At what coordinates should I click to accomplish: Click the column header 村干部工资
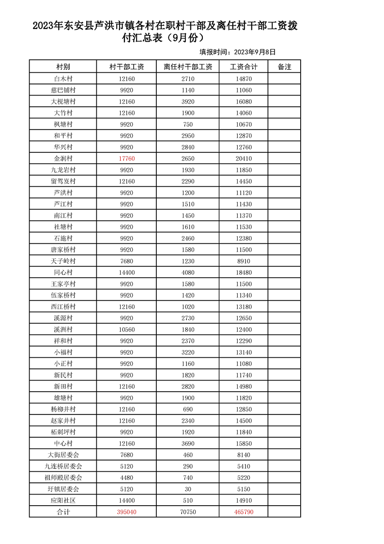click(126, 67)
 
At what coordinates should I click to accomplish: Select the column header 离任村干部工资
click(188, 67)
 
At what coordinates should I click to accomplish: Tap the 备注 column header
click(284, 67)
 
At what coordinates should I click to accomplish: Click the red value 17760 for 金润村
click(126, 159)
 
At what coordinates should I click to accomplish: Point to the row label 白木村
click(63, 79)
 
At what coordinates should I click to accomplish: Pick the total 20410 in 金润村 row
click(244, 159)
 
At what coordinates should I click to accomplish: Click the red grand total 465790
click(244, 512)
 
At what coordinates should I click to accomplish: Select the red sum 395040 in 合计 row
click(126, 512)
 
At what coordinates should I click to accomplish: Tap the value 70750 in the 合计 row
click(188, 512)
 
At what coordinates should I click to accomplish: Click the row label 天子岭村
click(63, 261)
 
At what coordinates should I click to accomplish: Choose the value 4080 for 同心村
click(188, 272)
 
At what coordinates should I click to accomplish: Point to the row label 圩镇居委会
click(63, 489)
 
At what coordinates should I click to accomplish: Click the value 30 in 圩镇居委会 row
click(188, 489)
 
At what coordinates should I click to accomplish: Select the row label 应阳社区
click(63, 500)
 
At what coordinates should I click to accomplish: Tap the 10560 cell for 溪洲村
click(126, 330)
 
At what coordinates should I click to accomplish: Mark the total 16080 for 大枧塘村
click(244, 101)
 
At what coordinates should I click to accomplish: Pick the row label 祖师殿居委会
click(63, 478)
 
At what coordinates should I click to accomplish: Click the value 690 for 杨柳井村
click(188, 409)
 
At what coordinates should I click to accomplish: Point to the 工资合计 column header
click(244, 67)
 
